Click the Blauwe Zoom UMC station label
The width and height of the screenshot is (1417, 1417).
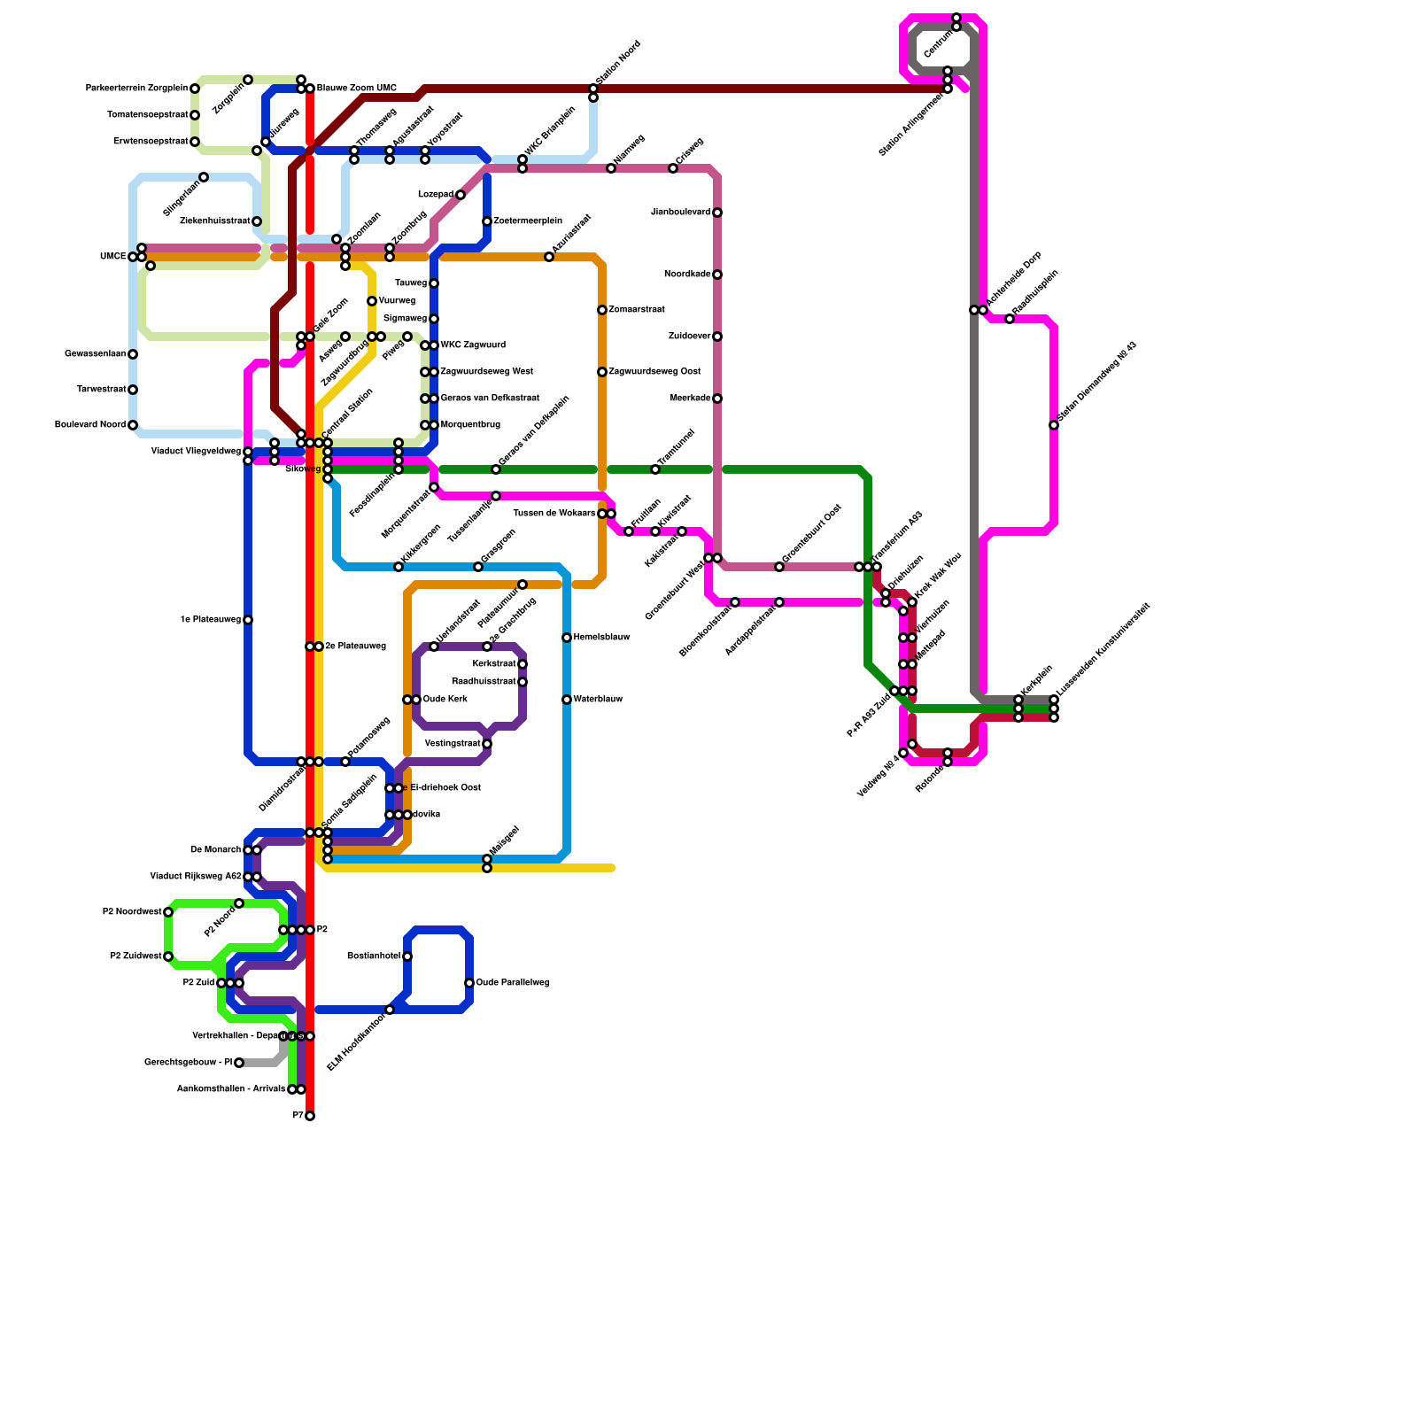pos(357,89)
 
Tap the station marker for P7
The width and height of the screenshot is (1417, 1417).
pos(310,1116)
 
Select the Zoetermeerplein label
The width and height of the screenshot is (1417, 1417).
pos(528,221)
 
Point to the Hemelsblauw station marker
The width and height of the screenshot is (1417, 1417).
pos(567,638)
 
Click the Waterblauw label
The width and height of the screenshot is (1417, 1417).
pos(598,700)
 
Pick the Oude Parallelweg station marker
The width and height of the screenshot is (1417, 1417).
pos(469,983)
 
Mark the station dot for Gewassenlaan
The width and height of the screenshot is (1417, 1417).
pos(133,354)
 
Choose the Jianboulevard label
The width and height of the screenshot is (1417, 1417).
pos(680,213)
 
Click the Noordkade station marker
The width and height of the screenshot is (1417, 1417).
pos(717,275)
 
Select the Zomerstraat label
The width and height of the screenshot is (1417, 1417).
pos(637,310)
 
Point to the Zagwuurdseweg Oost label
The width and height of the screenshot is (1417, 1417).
pos(654,372)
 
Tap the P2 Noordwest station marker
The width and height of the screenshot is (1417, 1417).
pos(168,912)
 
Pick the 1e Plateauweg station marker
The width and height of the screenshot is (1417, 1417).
pos(248,620)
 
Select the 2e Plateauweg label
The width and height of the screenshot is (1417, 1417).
pos(355,647)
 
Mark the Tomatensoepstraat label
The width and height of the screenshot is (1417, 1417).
pos(148,115)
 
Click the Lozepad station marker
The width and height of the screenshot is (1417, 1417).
pos(461,195)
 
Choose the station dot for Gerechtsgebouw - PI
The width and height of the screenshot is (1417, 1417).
pos(239,1063)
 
